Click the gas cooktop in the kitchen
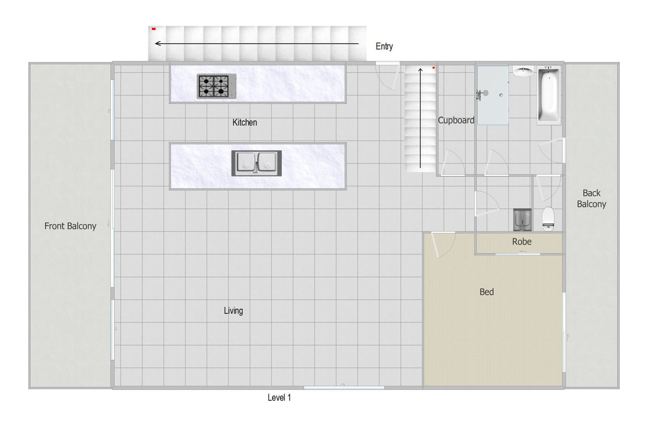click(217, 86)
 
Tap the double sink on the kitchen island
click(256, 163)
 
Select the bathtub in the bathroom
click(549, 95)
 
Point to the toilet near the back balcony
click(548, 219)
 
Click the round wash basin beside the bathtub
click(523, 71)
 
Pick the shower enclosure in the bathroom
click(492, 95)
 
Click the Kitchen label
click(245, 122)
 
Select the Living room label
click(233, 310)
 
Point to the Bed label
click(487, 292)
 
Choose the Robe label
click(522, 241)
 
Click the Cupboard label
click(456, 120)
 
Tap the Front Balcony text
click(70, 226)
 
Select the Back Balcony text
click(591, 198)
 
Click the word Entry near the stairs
click(384, 46)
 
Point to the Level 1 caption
click(279, 398)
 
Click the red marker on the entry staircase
click(154, 29)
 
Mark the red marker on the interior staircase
click(434, 68)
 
